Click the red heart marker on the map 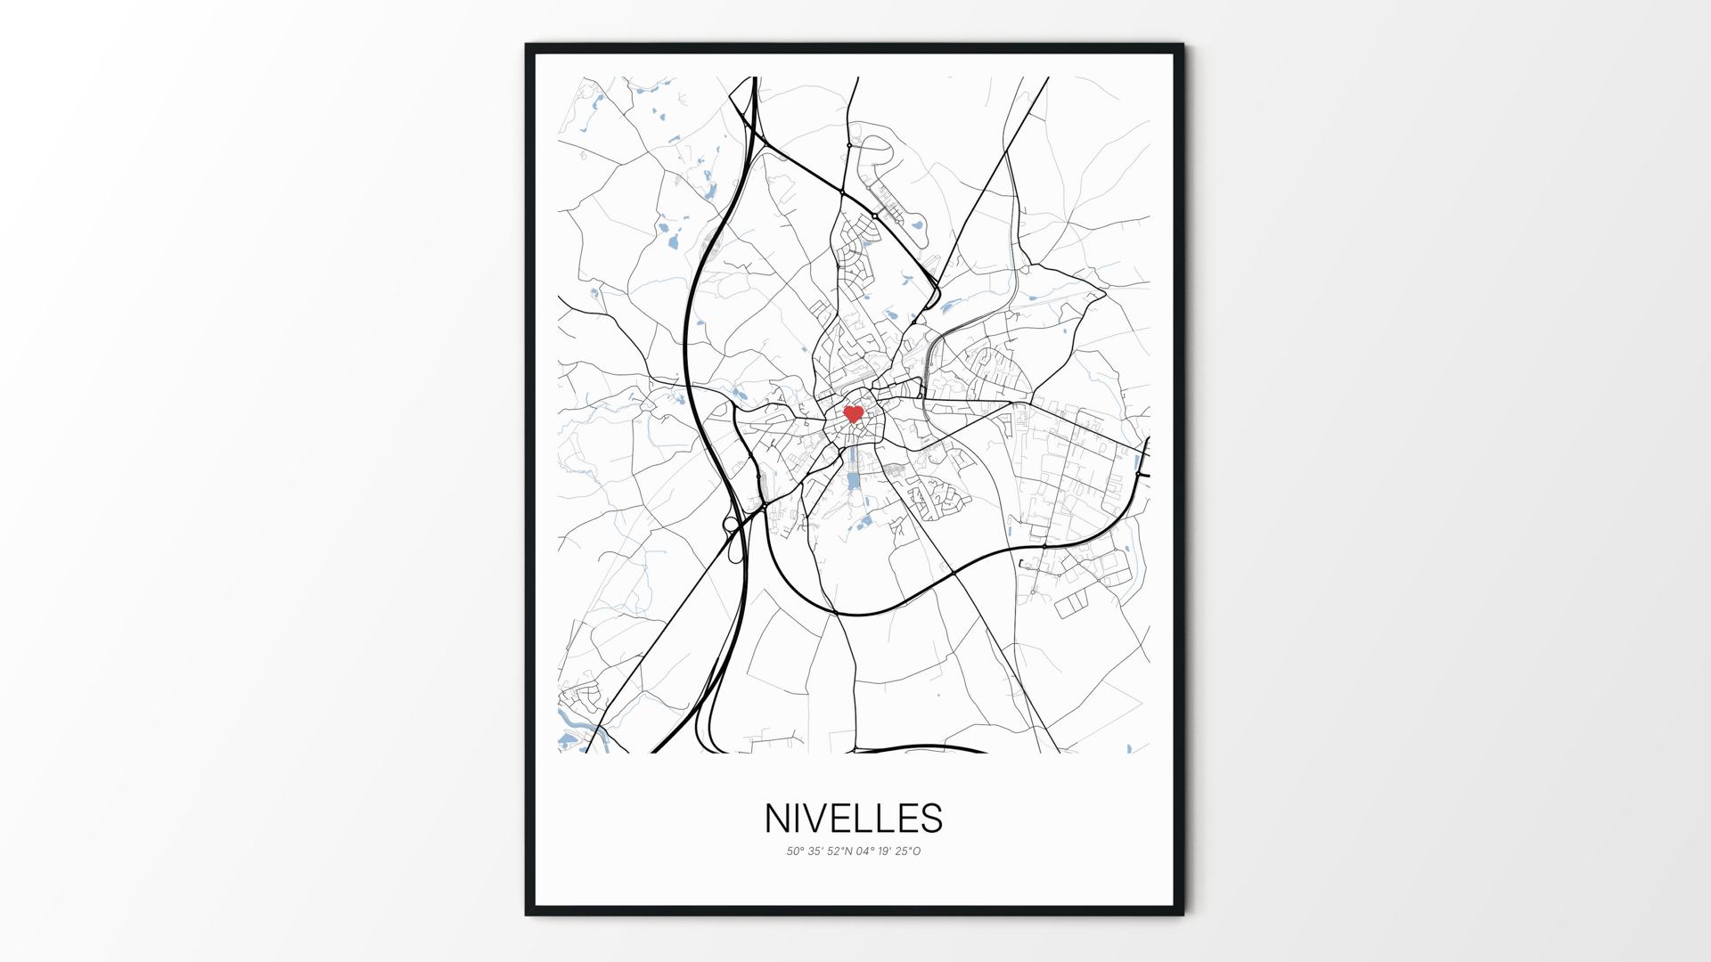pos(854,414)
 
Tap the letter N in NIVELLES pos(777,819)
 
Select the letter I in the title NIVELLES pos(798,819)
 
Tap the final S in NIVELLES pos(931,819)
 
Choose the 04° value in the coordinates pos(866,852)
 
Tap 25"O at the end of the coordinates pos(909,852)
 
